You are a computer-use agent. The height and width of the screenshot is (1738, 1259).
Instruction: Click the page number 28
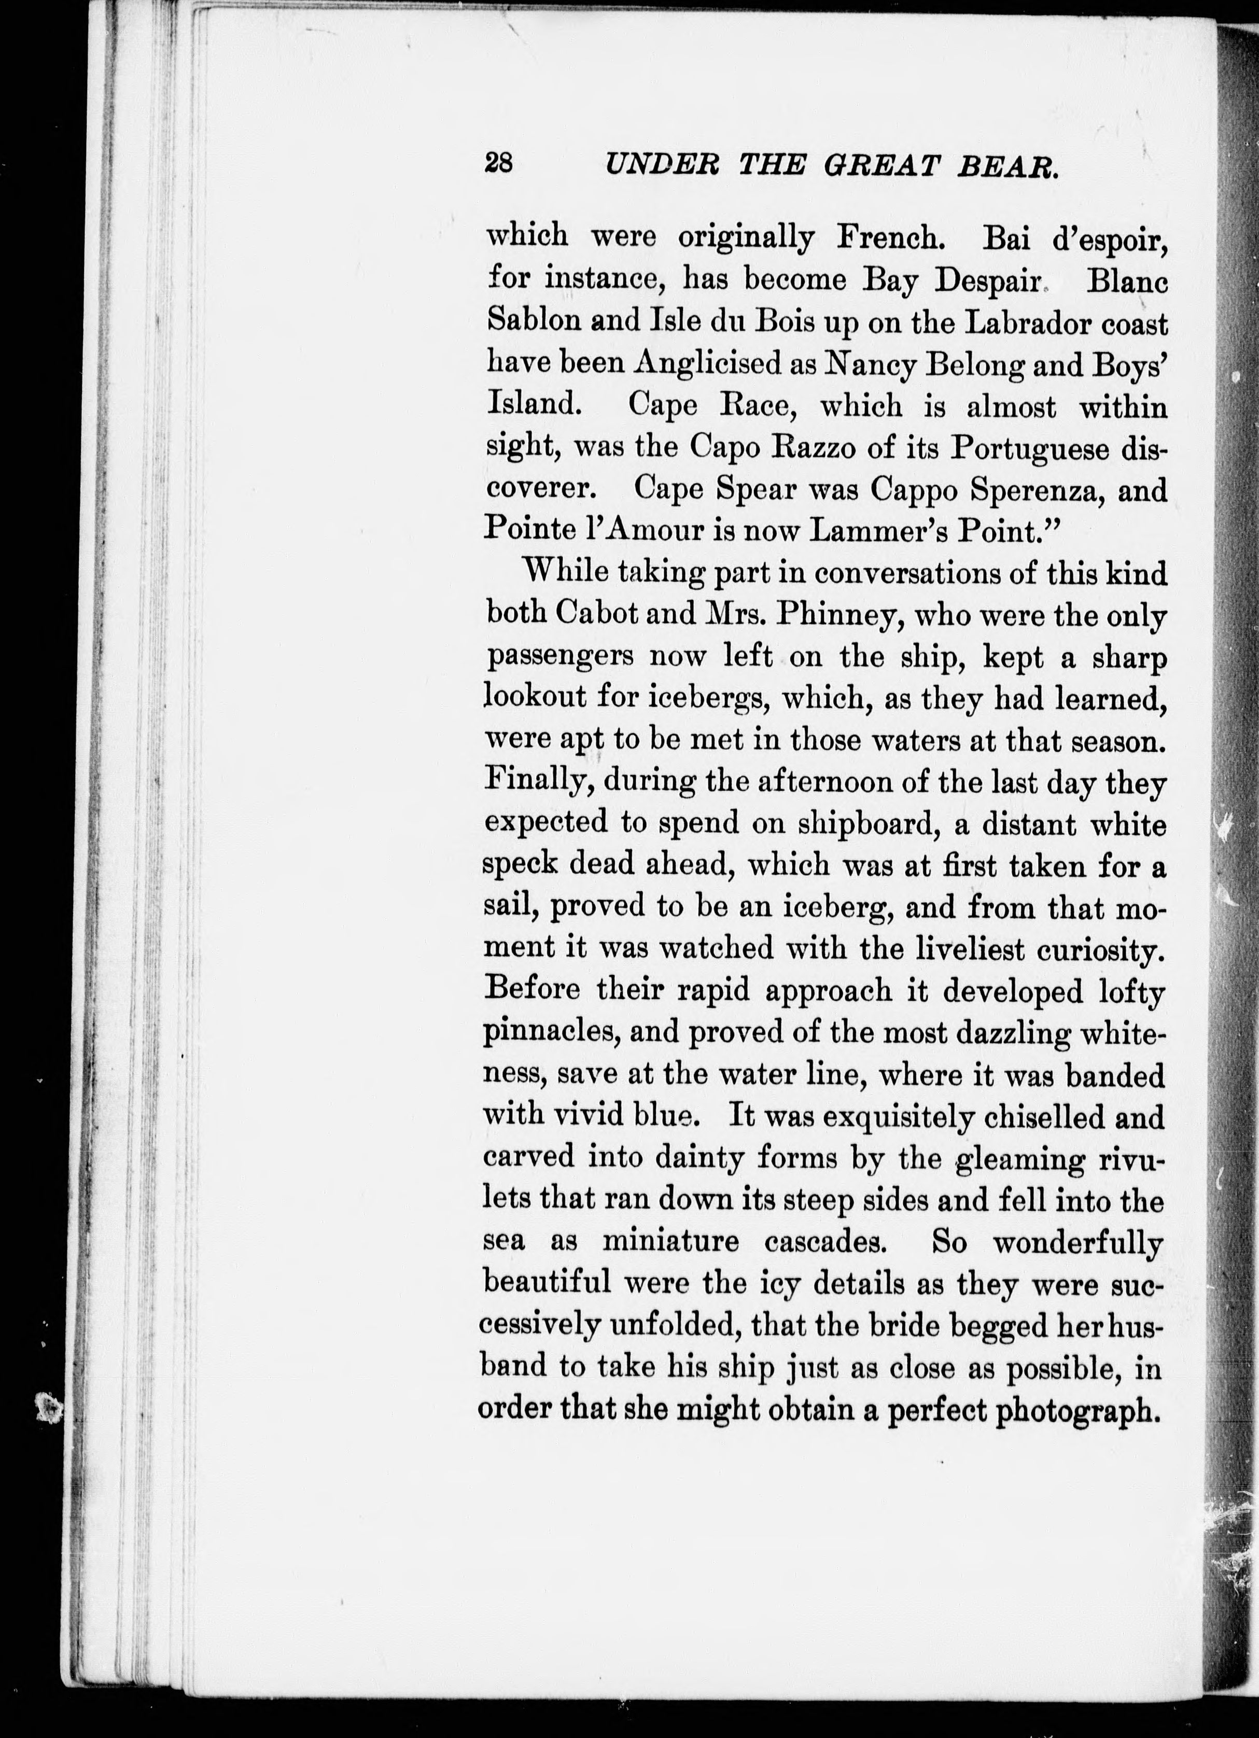pyautogui.click(x=499, y=163)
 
